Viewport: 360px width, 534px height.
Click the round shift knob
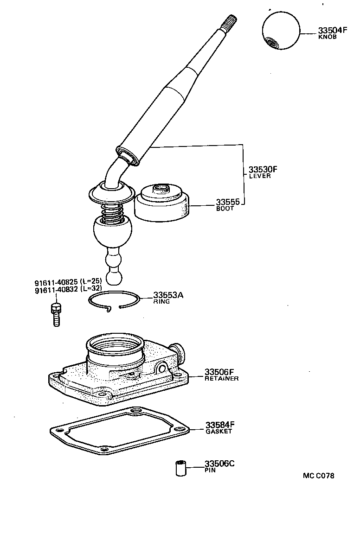(x=281, y=32)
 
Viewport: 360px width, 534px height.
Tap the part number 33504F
(x=332, y=31)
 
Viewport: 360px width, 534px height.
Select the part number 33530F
(x=266, y=169)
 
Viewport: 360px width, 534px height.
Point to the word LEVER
(x=260, y=176)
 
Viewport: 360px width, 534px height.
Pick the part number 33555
(x=228, y=202)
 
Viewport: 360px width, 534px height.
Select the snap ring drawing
(x=114, y=301)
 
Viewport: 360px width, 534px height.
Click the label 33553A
(x=168, y=295)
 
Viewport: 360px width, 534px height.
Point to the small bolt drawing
(x=55, y=314)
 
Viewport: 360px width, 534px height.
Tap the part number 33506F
(x=220, y=372)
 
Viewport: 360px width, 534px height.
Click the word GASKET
(x=219, y=432)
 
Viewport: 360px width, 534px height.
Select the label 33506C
(x=220, y=464)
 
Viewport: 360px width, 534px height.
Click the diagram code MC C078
(x=318, y=476)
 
